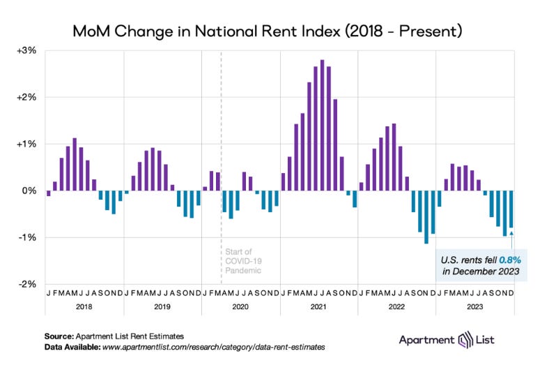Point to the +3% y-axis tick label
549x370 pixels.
click(27, 50)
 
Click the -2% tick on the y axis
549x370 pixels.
click(28, 284)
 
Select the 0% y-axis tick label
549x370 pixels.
click(29, 191)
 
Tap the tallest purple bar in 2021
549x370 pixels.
click(322, 126)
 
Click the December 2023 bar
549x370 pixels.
click(511, 209)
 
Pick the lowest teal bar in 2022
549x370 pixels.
click(426, 216)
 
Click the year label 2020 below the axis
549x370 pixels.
click(240, 306)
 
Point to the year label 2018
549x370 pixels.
click(85, 306)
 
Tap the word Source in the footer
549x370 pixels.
click(58, 336)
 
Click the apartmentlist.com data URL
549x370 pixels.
click(212, 346)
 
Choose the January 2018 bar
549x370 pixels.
click(48, 193)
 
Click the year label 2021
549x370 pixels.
click(318, 306)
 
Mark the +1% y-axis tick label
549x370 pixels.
click(27, 144)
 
